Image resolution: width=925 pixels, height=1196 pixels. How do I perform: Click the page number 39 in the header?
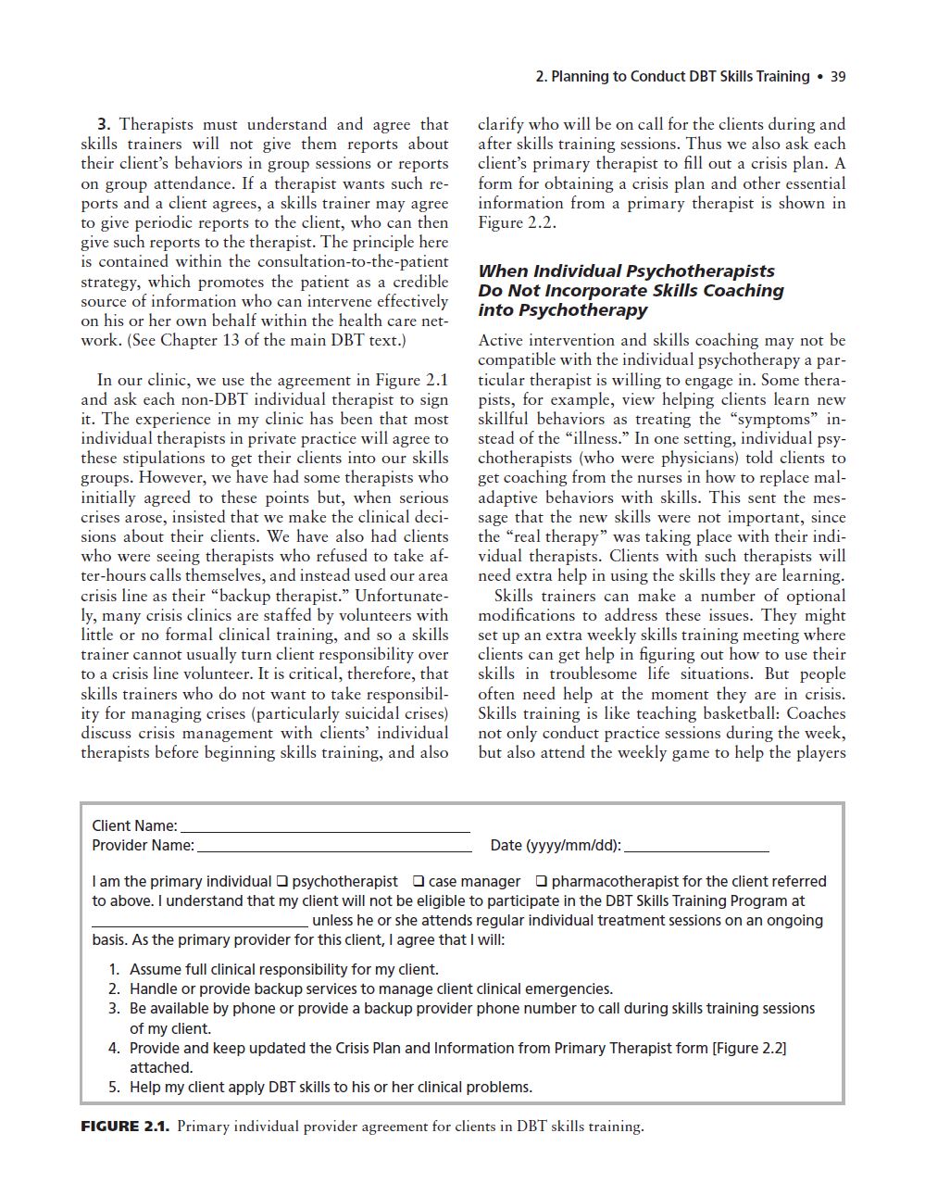[x=838, y=77]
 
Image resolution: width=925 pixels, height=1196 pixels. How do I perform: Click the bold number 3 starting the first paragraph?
[x=104, y=124]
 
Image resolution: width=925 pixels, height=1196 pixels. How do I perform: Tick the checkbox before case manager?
[x=419, y=882]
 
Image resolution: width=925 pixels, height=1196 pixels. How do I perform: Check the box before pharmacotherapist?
[x=542, y=882]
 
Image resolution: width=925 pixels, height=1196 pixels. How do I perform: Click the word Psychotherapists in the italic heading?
[x=700, y=271]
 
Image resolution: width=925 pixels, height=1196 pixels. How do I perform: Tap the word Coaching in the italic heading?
[x=741, y=291]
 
